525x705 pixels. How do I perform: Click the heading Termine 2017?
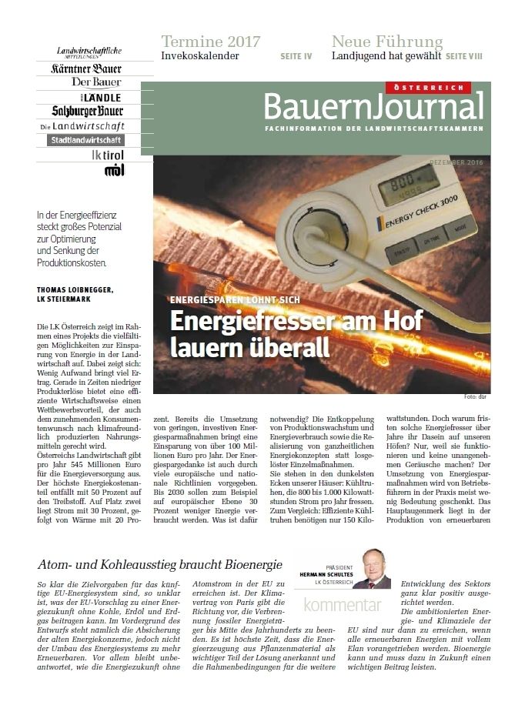coord(210,42)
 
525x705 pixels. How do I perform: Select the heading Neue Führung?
coord(386,42)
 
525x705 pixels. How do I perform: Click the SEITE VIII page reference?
coord(465,56)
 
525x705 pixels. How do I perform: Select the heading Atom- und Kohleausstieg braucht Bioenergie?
coord(159,565)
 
